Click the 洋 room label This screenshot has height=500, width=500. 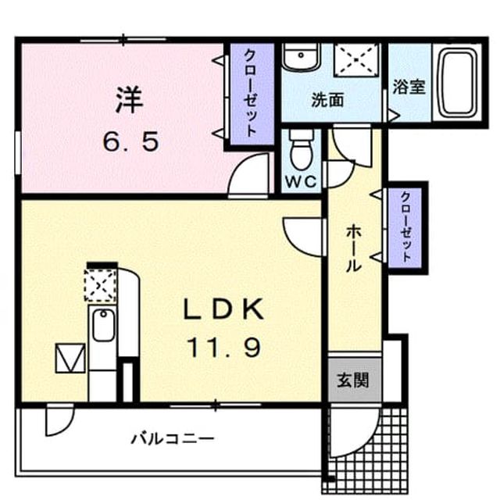(129, 100)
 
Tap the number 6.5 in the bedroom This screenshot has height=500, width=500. (130, 142)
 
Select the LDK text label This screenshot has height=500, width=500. (223, 309)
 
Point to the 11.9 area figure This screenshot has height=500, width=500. (224, 347)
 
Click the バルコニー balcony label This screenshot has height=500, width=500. (173, 439)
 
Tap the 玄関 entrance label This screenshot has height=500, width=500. (353, 380)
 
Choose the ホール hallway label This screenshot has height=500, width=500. (354, 248)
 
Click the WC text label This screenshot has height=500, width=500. (301, 182)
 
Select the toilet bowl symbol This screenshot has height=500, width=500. (302, 149)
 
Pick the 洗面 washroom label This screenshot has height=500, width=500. (327, 100)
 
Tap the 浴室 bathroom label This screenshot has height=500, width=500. (409, 87)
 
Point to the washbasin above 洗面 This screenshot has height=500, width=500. (301, 56)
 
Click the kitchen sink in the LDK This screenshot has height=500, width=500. (102, 325)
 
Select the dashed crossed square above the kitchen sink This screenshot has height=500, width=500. (100, 285)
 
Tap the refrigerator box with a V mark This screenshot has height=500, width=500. (70, 358)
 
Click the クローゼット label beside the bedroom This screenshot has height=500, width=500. (250, 93)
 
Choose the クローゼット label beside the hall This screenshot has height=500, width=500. (405, 227)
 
